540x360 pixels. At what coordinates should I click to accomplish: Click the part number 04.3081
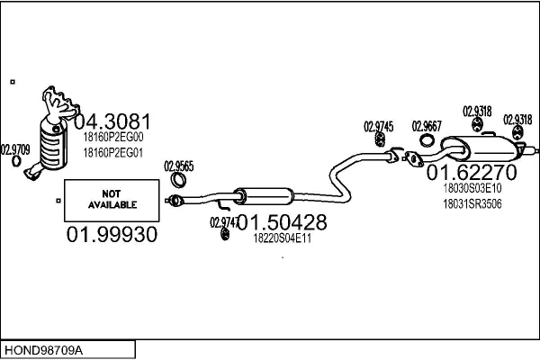tap(112, 121)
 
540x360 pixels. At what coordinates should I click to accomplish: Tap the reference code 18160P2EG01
tap(112, 153)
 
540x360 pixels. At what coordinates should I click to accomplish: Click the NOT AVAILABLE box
tap(112, 199)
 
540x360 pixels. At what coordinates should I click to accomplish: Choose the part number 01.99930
tap(112, 236)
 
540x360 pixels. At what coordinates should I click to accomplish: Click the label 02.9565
tap(178, 166)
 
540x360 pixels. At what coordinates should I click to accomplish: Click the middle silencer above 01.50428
tap(264, 195)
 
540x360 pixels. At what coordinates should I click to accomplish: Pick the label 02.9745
tap(378, 126)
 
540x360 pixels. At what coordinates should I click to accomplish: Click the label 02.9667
tap(427, 126)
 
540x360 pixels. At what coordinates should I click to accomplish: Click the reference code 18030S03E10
tap(472, 189)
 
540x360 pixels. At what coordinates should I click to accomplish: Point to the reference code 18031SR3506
tap(472, 204)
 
